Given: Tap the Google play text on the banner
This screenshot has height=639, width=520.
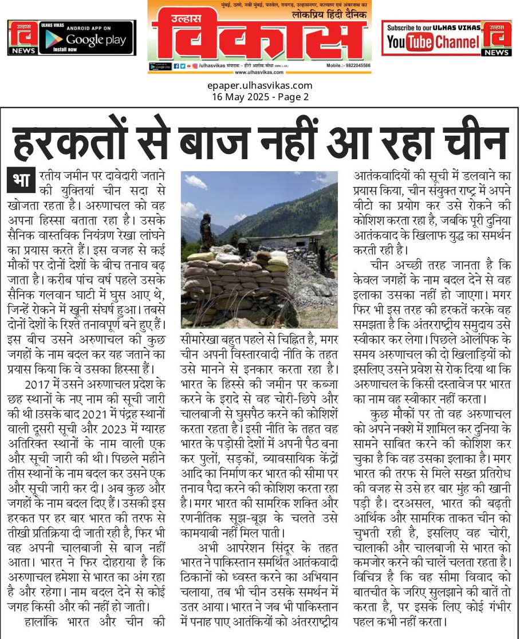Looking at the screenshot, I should click(96, 40).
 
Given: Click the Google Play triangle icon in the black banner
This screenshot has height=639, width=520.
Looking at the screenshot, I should click(54, 39).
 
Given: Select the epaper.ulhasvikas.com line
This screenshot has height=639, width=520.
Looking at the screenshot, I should click(259, 86).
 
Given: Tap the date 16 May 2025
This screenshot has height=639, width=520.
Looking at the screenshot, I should click(235, 97).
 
